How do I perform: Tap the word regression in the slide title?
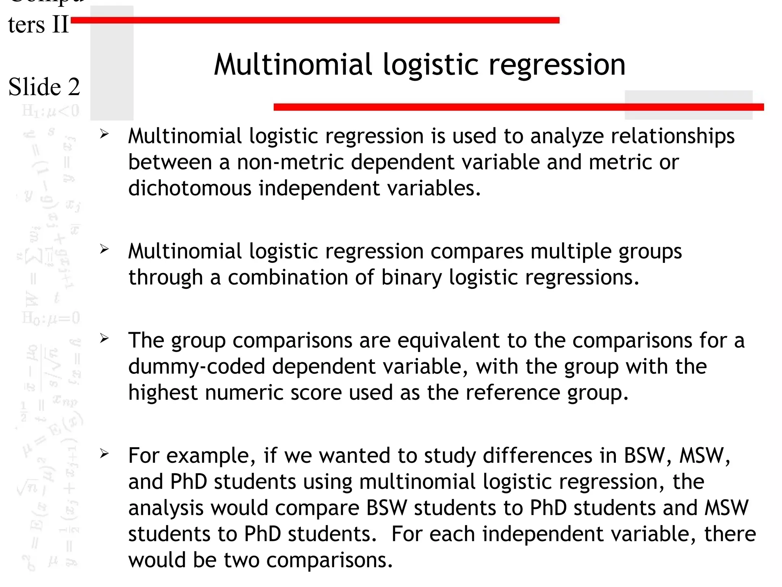tap(557, 65)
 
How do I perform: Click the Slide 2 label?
tap(44, 87)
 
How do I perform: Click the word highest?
tap(163, 392)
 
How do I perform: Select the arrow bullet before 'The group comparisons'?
tap(104, 338)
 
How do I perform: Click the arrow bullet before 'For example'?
tap(104, 454)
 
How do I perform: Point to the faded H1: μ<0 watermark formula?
tap(51, 111)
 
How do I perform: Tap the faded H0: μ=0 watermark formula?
tap(51, 318)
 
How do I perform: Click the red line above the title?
tap(315, 20)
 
